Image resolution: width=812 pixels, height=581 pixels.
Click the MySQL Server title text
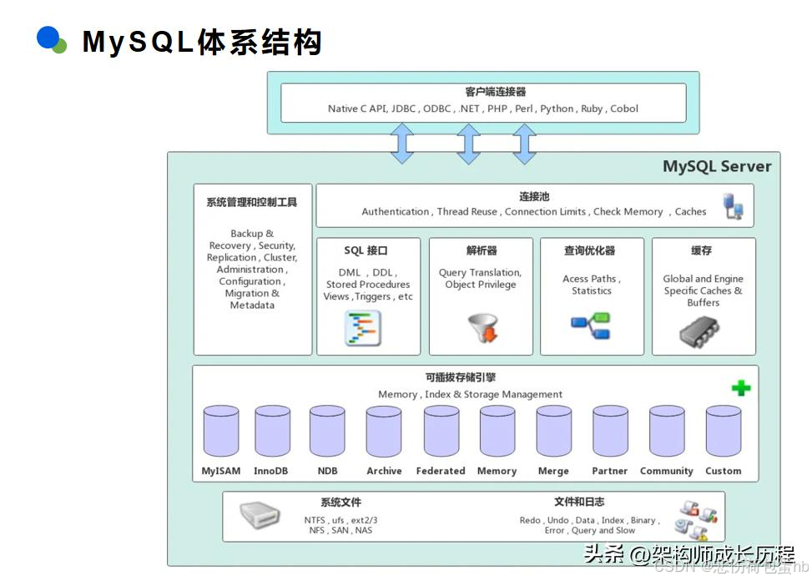(x=716, y=166)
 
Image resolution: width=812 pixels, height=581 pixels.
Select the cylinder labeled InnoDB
(x=271, y=431)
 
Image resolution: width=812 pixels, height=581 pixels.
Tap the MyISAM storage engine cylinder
(x=221, y=431)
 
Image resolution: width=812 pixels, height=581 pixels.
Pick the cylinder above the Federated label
(x=441, y=431)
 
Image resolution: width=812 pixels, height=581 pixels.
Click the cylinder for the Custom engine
(x=723, y=431)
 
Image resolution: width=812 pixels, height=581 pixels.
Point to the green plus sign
(x=740, y=388)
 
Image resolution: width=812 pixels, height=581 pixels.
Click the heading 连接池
(x=534, y=196)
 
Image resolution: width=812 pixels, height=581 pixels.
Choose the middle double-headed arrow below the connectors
(x=468, y=144)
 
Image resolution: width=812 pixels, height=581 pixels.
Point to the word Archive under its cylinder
(x=384, y=471)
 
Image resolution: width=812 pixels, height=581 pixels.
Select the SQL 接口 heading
(x=366, y=250)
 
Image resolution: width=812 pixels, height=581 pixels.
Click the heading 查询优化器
(x=589, y=250)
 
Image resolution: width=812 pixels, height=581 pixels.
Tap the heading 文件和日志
(x=578, y=502)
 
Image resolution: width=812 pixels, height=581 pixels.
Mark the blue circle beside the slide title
(x=49, y=38)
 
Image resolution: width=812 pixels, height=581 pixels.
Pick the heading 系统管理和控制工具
(x=251, y=202)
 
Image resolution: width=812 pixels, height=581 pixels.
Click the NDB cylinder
(x=327, y=431)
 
